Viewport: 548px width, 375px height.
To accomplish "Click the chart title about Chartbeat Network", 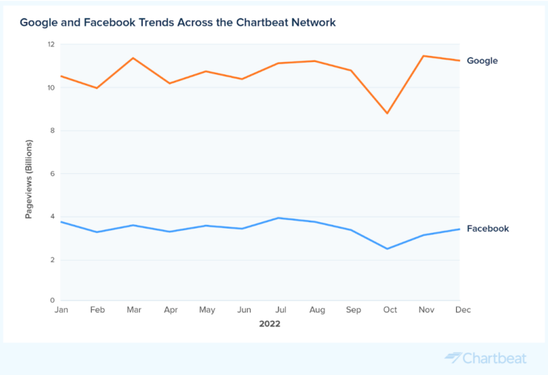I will (x=178, y=23).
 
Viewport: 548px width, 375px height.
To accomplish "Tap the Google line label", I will (x=482, y=61).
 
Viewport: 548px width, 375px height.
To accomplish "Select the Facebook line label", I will (x=488, y=229).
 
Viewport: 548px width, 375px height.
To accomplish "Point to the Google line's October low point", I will (x=388, y=113).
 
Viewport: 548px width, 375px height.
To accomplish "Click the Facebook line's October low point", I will (x=388, y=249).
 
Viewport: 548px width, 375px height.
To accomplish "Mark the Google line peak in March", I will (x=133, y=58).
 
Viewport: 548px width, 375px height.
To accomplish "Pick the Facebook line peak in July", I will (x=278, y=218).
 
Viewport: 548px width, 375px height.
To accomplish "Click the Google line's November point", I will (x=423, y=56).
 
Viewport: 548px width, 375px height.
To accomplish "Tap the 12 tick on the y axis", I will (x=51, y=44).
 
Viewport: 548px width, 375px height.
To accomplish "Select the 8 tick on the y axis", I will (x=52, y=131).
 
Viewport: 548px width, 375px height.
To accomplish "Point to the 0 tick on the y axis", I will (x=52, y=300).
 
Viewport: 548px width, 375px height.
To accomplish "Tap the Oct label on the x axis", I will (x=390, y=310).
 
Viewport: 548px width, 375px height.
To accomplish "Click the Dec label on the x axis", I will (x=463, y=310).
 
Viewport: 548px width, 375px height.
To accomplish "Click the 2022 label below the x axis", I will (x=270, y=324).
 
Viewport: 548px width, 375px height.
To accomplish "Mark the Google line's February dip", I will (x=97, y=88).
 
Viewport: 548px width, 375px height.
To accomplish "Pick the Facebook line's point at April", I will (x=170, y=232).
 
